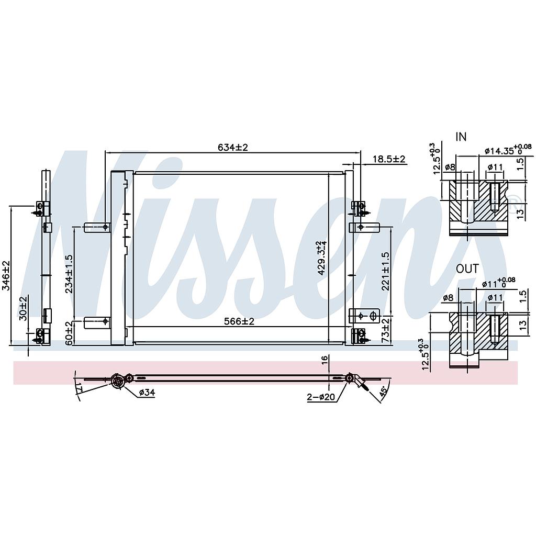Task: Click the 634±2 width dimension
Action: tap(232, 147)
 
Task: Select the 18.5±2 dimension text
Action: tap(389, 159)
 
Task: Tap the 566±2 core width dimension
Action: tap(239, 321)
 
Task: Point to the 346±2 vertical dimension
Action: tap(6, 275)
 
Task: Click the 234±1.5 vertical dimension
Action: tap(69, 273)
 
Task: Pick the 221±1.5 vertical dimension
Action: tap(386, 271)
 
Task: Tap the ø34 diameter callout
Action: tap(147, 393)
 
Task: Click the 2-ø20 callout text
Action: tap(321, 397)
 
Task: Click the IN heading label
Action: tap(461, 137)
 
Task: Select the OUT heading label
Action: tap(467, 269)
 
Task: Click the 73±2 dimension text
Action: tap(386, 331)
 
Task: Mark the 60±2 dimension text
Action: tap(69, 333)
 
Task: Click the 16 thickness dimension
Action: tap(325, 359)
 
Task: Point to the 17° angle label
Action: tap(80, 388)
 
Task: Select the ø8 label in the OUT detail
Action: tap(448, 298)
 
